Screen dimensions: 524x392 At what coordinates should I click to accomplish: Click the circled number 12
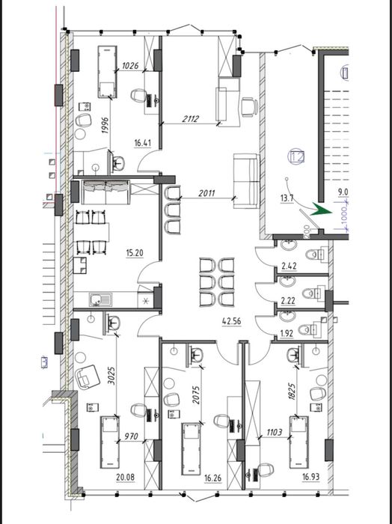click(x=297, y=157)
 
